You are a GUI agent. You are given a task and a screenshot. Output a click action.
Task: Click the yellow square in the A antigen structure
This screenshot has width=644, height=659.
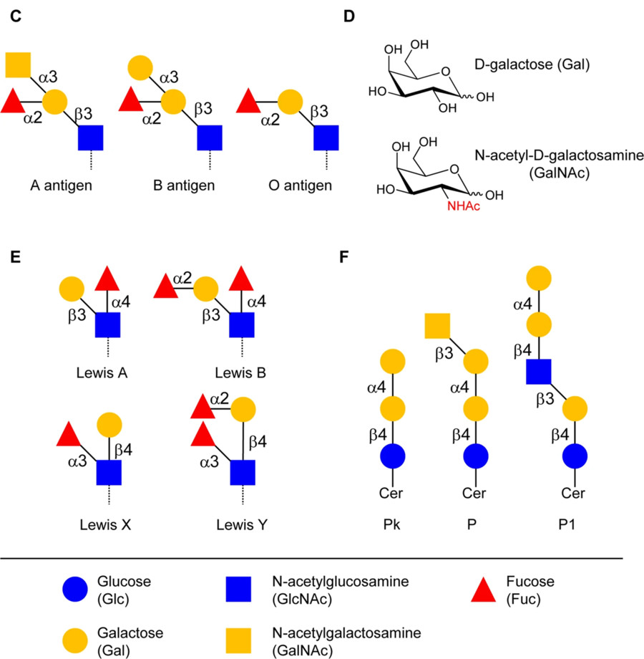(19, 65)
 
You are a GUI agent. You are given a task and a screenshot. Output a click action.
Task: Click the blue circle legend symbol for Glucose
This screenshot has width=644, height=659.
(74, 589)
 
